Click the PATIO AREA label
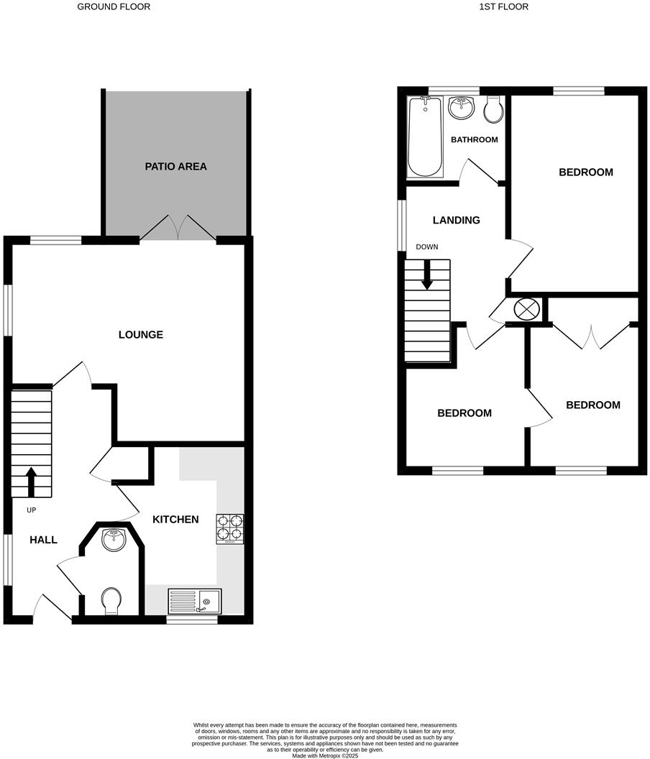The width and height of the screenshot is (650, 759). point(175,167)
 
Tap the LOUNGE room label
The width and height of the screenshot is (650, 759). point(141,335)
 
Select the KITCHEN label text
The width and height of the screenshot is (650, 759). point(175,519)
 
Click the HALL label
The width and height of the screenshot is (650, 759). point(43,540)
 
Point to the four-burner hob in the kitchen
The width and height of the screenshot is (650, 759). point(229,529)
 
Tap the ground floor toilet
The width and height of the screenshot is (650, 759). point(111,601)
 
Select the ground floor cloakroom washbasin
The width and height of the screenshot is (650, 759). point(114,538)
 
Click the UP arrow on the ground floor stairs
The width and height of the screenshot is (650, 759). point(32,482)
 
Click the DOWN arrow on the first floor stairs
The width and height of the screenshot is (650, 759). point(427,275)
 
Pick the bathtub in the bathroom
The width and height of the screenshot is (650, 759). point(425,137)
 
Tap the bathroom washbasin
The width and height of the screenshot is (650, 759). point(461,109)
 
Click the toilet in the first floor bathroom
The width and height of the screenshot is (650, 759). point(493,110)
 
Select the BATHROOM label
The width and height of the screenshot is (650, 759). point(475,139)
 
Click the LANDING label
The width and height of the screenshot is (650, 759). point(457,221)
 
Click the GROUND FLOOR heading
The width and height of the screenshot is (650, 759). point(114,6)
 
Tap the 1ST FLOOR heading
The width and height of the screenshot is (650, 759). point(503,6)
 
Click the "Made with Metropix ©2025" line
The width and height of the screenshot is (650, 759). point(324,755)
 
